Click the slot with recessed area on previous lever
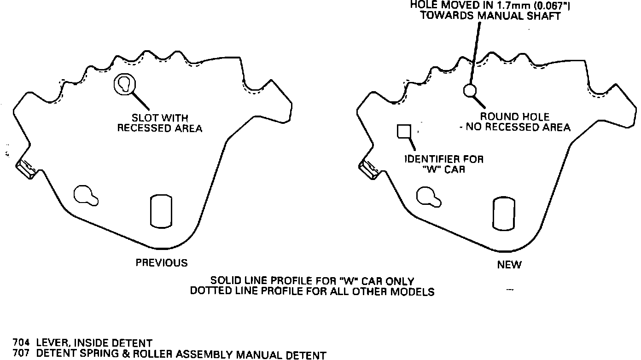124,84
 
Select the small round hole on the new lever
469,91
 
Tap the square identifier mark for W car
404,131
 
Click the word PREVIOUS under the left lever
161,263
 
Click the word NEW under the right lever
509,265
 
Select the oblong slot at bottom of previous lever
161,210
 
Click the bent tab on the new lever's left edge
369,169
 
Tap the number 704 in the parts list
21,343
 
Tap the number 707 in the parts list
21,355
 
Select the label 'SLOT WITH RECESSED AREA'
159,123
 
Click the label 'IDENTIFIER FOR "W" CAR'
444,164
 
